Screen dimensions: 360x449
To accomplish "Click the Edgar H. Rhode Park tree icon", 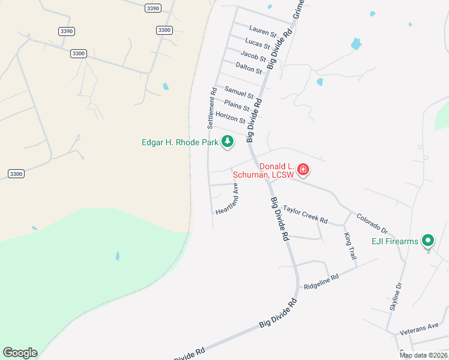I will [227, 142].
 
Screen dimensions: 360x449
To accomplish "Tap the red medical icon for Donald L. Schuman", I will [303, 170].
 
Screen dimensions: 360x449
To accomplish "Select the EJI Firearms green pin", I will [427, 241].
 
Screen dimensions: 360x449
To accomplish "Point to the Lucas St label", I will [258, 43].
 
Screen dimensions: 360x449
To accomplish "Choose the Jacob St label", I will [253, 57].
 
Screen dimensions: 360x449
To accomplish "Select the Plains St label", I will [237, 106].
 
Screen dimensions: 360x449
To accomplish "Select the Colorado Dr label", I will [373, 223].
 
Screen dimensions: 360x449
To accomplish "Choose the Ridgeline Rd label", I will [321, 280].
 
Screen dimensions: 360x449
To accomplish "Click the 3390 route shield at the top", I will [153, 8].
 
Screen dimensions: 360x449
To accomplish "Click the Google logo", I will [20, 353].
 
